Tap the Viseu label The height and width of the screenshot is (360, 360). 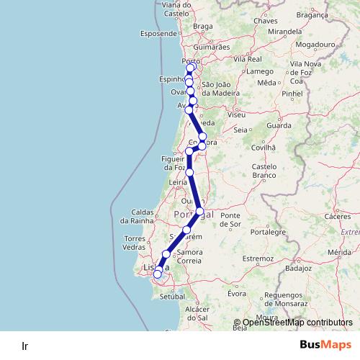click(235, 114)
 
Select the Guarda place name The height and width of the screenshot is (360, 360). click(278, 125)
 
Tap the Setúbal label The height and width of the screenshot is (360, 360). click(173, 296)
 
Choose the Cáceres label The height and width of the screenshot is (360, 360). click(337, 216)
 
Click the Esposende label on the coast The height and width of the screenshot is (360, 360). click(158, 33)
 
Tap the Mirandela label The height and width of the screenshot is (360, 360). click(283, 32)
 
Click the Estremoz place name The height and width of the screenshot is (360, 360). click(258, 257)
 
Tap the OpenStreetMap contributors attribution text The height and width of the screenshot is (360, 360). click(297, 323)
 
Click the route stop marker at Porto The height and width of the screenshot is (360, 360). click(190, 69)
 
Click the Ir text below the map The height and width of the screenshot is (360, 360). click(25, 345)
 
